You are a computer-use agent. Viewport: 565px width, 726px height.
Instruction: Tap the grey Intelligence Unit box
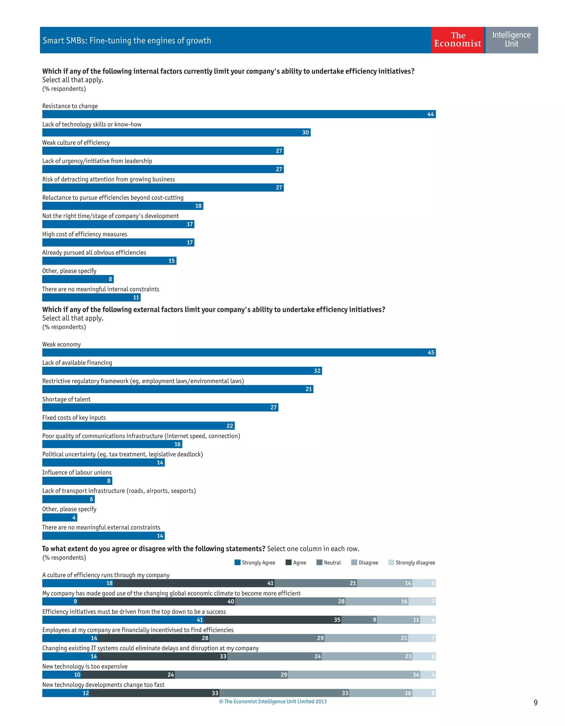coord(511,40)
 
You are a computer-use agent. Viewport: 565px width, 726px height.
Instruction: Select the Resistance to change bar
coord(239,114)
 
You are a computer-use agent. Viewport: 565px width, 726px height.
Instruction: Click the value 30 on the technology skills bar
coord(305,132)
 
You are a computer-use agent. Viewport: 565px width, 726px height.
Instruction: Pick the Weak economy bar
coord(239,352)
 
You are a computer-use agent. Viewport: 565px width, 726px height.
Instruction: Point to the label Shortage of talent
coord(66,399)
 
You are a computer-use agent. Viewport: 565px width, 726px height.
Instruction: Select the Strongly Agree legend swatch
coord(238,562)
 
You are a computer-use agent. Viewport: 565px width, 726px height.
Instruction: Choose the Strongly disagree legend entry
coord(411,562)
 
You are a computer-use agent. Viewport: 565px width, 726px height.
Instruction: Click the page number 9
coord(535,702)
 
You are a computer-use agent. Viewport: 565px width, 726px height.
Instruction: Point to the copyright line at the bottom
coord(273,701)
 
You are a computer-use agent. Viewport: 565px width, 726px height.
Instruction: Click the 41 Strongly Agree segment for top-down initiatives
coord(123,620)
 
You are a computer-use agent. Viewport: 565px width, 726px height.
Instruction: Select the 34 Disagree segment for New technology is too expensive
coord(354,674)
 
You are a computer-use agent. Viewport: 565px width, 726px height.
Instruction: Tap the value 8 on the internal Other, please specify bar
coord(110,279)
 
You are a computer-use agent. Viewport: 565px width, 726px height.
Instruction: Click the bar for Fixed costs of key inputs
coord(138,426)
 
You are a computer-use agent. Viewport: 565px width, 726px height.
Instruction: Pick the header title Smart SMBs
coord(127,41)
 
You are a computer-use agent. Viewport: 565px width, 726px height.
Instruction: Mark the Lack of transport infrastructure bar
coord(68,499)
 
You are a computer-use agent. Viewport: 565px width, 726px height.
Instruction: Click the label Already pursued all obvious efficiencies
coord(94,253)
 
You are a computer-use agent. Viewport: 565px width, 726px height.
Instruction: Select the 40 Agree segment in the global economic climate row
coord(157,601)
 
